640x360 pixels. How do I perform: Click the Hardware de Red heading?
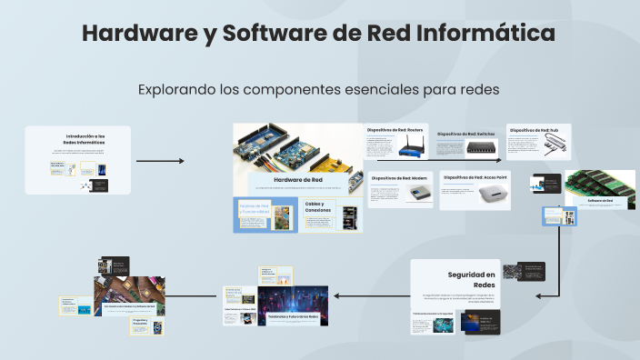[x=297, y=180]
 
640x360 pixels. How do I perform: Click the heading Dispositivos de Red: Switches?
[x=466, y=134]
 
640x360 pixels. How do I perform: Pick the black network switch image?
[x=482, y=146]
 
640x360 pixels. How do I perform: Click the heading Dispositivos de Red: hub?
[x=540, y=130]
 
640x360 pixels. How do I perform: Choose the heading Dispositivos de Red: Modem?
[x=399, y=178]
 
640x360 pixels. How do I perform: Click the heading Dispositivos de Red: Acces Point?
[x=474, y=177]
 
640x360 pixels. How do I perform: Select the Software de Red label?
[x=601, y=200]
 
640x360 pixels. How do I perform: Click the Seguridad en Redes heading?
[x=471, y=280]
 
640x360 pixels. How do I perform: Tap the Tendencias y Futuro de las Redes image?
[x=293, y=308]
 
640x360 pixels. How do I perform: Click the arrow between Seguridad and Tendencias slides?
[x=368, y=295]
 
